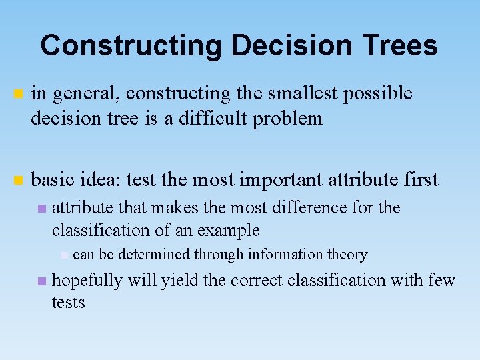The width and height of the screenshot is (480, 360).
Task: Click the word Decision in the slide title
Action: pos(273,45)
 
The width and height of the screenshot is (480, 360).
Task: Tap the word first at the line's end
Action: pos(420,179)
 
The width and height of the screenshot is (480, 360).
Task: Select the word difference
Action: pos(305,207)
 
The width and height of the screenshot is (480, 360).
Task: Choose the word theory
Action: pos(347,255)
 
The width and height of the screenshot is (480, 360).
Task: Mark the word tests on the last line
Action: pos(69,303)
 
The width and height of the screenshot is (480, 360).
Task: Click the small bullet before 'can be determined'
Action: pos(63,255)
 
